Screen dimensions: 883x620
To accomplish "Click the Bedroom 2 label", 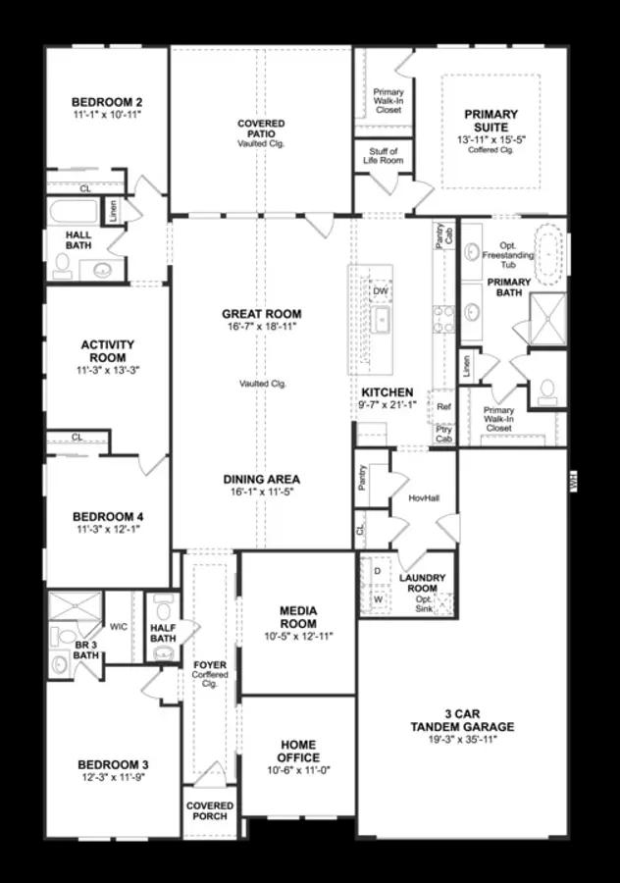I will [x=108, y=101].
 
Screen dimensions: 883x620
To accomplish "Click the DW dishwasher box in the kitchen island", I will [x=381, y=291].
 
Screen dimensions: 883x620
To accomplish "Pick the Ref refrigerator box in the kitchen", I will [x=443, y=406].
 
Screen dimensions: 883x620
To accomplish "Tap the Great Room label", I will [x=261, y=314].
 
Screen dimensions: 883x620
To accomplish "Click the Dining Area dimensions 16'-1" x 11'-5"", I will [x=261, y=493].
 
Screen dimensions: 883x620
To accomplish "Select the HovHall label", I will [x=424, y=497].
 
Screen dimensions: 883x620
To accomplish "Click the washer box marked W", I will [x=377, y=597].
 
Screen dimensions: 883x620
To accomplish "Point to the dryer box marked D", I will [x=377, y=570].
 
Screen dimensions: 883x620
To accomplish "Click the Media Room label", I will [x=298, y=617].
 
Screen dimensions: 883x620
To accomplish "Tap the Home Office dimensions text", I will [x=298, y=771].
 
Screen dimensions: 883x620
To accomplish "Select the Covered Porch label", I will [x=210, y=810].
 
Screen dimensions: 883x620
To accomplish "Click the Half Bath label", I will [x=163, y=633].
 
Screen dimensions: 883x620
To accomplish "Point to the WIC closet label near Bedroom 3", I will [x=119, y=625].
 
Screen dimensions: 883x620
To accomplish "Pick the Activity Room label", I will [x=108, y=351].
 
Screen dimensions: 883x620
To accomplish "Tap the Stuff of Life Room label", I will [x=384, y=156].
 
